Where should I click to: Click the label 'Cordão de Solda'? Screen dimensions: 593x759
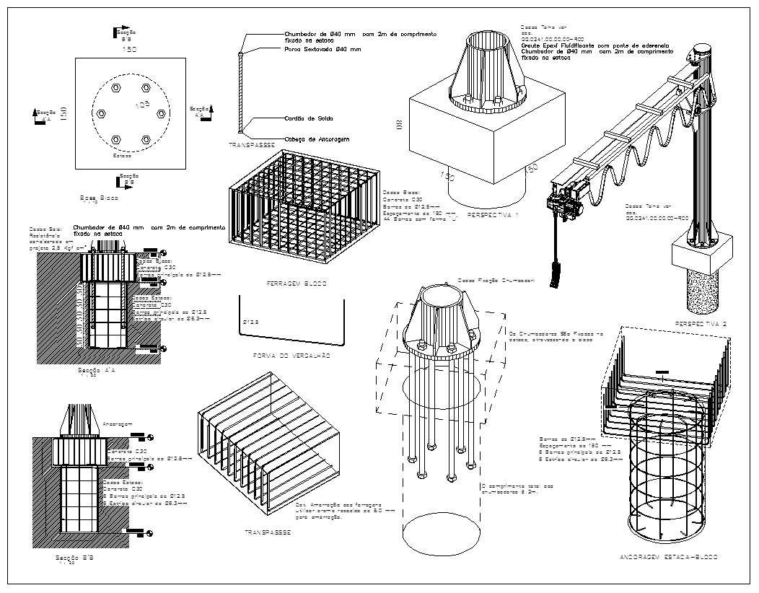point(309,118)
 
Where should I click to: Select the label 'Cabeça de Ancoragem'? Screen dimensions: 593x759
point(317,139)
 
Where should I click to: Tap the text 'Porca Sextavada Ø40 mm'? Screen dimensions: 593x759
point(323,50)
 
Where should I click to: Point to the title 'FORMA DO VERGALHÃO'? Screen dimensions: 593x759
point(291,356)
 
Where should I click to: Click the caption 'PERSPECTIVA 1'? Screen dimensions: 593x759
point(493,215)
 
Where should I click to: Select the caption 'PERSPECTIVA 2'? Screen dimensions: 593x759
point(700,324)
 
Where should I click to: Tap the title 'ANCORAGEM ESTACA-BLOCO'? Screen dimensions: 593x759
point(668,558)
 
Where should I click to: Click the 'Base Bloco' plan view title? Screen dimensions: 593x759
point(100,197)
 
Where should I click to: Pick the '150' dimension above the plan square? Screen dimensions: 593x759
point(129,49)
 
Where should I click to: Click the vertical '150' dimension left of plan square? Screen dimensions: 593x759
point(63,113)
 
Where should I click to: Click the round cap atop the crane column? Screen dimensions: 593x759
point(702,52)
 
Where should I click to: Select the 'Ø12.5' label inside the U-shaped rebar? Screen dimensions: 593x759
point(250,320)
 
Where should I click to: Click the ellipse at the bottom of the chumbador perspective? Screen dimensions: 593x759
point(439,533)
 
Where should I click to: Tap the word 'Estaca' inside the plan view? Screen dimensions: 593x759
point(122,154)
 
